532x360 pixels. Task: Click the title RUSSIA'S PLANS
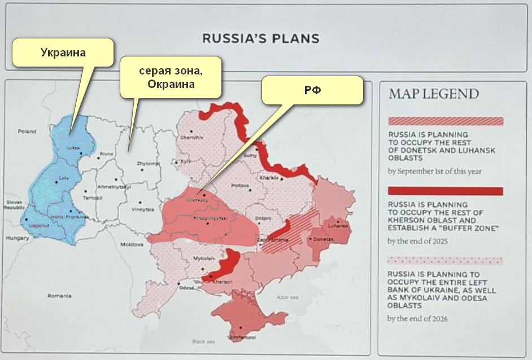[261, 39]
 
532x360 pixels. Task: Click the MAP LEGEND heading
[433, 94]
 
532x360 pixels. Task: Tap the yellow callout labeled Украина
[63, 52]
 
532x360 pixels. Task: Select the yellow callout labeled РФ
[312, 90]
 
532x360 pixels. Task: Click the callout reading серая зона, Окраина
[170, 77]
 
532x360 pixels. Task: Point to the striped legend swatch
[445, 121]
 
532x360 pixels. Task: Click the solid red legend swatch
[445, 191]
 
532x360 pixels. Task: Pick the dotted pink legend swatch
[445, 261]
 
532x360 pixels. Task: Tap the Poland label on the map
[26, 131]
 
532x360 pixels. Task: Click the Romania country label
[60, 296]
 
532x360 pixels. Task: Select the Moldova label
[132, 245]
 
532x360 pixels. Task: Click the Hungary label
[18, 238]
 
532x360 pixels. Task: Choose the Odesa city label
[186, 288]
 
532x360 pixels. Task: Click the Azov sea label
[286, 297]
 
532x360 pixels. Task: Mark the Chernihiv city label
[190, 138]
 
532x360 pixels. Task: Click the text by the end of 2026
[417, 319]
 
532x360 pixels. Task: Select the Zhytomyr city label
[149, 164]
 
